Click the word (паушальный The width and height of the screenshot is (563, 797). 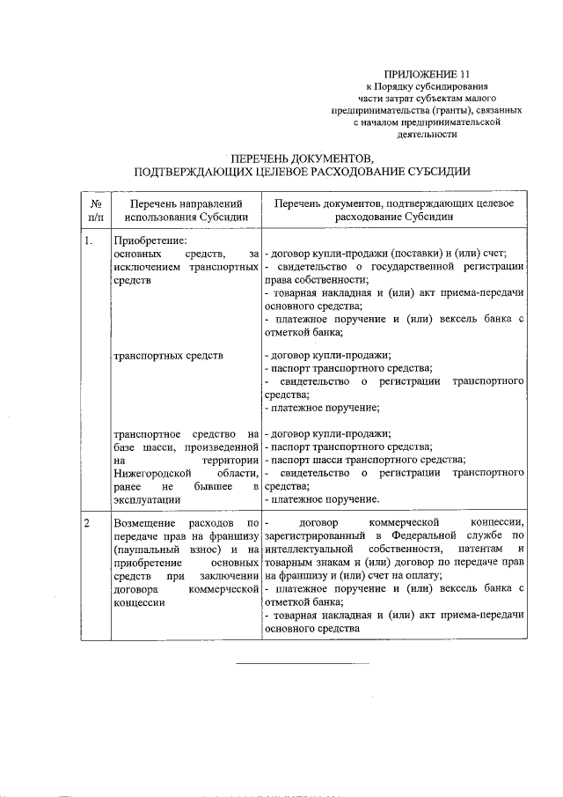coord(143,550)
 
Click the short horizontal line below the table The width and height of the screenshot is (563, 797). coord(303,661)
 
